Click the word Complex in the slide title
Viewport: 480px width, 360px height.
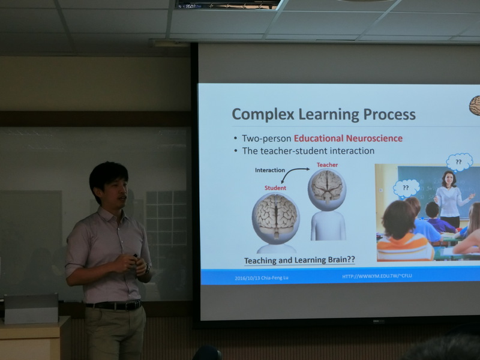[x=263, y=115]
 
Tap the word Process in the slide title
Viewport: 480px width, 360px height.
[x=389, y=114]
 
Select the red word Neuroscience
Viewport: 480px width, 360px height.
[x=374, y=139]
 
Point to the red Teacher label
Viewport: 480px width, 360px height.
[x=327, y=165]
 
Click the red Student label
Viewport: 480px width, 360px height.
[x=275, y=188]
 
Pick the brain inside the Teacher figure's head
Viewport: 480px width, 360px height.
[x=327, y=186]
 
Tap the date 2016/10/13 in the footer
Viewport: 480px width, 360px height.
[x=247, y=278]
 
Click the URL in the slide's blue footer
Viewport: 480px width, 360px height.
[x=377, y=276]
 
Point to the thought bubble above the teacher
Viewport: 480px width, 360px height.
[x=459, y=161]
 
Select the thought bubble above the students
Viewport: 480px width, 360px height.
[x=406, y=188]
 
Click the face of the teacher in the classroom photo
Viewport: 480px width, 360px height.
[x=449, y=179]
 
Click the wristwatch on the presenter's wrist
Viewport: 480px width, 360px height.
[x=147, y=268]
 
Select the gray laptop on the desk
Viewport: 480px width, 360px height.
[x=31, y=308]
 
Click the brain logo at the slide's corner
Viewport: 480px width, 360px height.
[x=475, y=106]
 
